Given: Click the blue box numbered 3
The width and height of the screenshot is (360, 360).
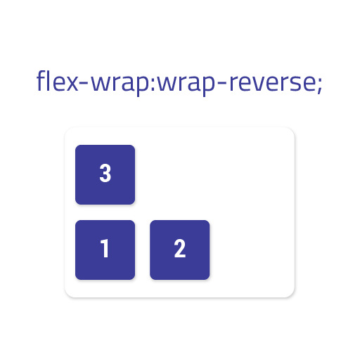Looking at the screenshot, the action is click(x=105, y=174).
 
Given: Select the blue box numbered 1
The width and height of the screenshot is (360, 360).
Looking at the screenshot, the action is click(x=105, y=250).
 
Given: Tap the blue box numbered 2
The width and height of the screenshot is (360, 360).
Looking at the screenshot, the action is click(x=180, y=250).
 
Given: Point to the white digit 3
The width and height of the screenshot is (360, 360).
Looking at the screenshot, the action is click(x=105, y=173).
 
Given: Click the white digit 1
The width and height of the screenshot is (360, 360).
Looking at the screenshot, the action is click(x=105, y=248).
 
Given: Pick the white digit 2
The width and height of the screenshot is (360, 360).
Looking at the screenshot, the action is click(x=180, y=248).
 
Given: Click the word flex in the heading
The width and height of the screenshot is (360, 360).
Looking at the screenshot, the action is click(x=58, y=81).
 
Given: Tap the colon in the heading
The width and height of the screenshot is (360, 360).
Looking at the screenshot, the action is click(x=153, y=84).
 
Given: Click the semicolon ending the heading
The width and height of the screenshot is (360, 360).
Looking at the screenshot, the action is click(x=320, y=85).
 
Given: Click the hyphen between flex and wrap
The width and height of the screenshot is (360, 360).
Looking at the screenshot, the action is click(x=84, y=82).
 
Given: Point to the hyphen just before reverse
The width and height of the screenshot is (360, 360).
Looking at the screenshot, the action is click(x=221, y=82).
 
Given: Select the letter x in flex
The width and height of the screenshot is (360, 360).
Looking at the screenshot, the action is click(x=71, y=83).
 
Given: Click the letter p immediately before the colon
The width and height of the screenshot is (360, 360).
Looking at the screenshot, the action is click(x=142, y=85).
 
